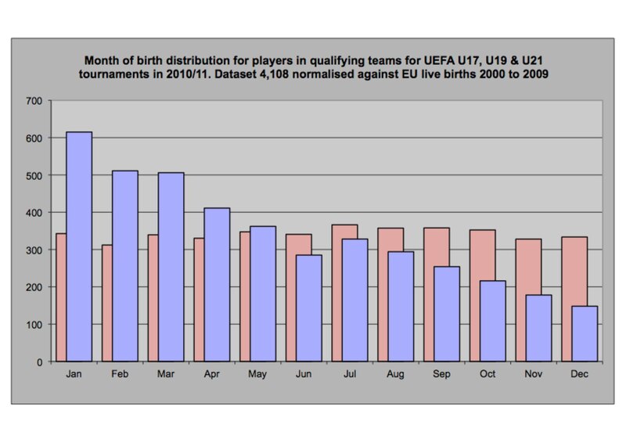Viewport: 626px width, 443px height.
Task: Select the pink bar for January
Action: (61, 297)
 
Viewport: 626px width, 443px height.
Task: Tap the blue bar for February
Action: (125, 266)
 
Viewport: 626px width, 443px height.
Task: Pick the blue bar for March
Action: (171, 267)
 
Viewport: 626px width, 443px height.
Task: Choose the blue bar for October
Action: (492, 321)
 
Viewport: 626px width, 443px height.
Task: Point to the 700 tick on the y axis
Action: (34, 101)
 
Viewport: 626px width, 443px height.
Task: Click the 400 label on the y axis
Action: (34, 213)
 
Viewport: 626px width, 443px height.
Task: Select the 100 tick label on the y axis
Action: (34, 325)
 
